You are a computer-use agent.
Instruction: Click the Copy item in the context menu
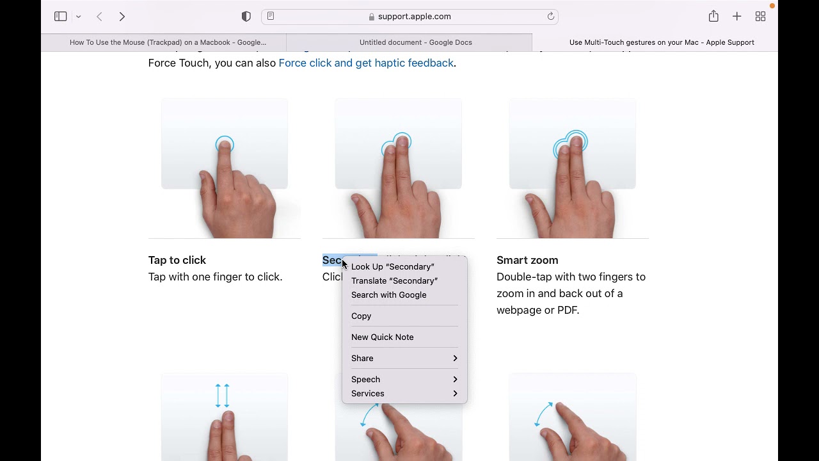click(361, 316)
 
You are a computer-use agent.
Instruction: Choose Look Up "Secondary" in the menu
click(392, 266)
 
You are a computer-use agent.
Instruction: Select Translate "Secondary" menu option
click(394, 280)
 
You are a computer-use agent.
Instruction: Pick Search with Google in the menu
click(388, 295)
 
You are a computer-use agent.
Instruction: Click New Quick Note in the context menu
click(382, 337)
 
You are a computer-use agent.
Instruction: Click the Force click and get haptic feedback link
click(366, 63)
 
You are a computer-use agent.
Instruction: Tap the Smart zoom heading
click(527, 260)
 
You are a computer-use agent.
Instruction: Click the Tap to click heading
click(177, 260)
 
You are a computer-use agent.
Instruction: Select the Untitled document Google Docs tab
click(415, 42)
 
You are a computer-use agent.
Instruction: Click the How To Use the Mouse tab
click(168, 42)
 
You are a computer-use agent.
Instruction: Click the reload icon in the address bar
click(550, 17)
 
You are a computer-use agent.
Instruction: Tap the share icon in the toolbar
click(713, 17)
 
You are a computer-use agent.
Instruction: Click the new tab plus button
click(736, 17)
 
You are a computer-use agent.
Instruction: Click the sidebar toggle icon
click(61, 17)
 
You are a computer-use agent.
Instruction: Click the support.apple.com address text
click(414, 17)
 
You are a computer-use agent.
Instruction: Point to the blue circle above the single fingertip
click(225, 144)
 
